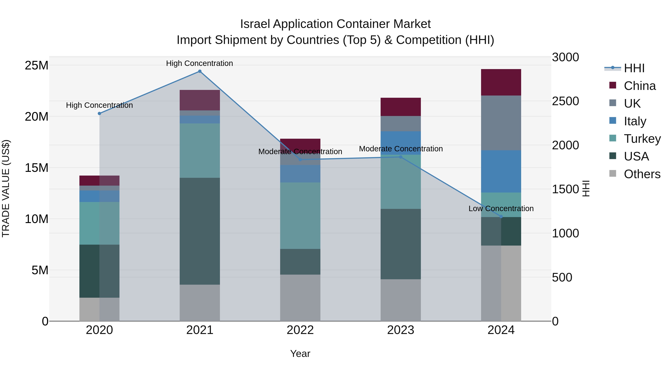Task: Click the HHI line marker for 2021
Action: point(200,71)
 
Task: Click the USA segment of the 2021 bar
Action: point(200,231)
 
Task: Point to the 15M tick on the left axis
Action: point(37,168)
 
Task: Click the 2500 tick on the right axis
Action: point(565,101)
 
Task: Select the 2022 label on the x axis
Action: point(300,330)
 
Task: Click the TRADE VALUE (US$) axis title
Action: point(6,188)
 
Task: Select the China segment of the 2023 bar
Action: point(401,107)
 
